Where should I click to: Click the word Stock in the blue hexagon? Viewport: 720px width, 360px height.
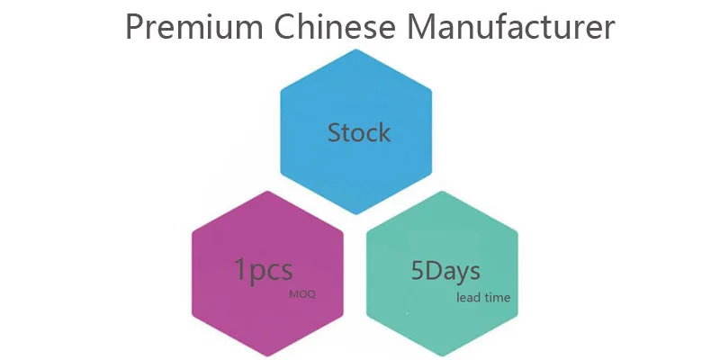[x=359, y=133]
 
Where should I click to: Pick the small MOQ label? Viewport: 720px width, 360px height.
[x=302, y=294]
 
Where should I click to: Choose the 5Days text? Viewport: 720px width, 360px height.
[x=445, y=269]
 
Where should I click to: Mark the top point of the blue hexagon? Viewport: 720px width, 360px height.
[x=357, y=50]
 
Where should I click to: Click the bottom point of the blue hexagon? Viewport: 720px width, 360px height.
[x=357, y=214]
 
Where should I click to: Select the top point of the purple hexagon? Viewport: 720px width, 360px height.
[x=268, y=190]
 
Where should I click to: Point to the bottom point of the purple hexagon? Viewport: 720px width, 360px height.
[x=268, y=354]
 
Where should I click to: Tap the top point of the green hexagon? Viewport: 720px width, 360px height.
[x=444, y=190]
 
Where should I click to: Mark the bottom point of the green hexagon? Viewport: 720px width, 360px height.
[x=444, y=354]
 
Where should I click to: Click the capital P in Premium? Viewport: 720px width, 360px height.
[x=133, y=28]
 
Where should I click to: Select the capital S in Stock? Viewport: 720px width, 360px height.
[x=335, y=133]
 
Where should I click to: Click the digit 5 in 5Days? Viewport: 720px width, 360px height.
[x=418, y=269]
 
